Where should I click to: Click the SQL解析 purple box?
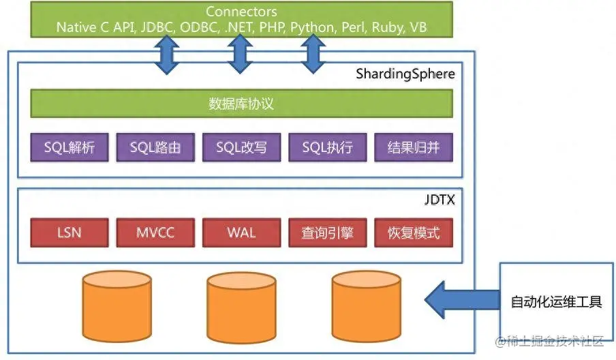(x=69, y=147)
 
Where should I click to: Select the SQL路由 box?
(x=155, y=147)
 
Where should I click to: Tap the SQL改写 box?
(x=241, y=147)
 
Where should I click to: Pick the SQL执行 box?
(x=327, y=147)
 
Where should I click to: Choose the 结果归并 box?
(x=413, y=147)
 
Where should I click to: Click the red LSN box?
(x=69, y=232)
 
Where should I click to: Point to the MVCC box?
(x=155, y=232)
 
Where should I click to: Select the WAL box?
(x=241, y=232)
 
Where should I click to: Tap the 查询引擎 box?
(x=327, y=232)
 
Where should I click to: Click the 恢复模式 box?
(x=413, y=232)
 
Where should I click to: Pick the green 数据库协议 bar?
(x=241, y=104)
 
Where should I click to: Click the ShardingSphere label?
(x=405, y=74)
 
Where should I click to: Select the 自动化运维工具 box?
(x=557, y=301)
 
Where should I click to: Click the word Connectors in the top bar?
(x=241, y=12)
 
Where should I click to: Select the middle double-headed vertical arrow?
(x=238, y=54)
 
